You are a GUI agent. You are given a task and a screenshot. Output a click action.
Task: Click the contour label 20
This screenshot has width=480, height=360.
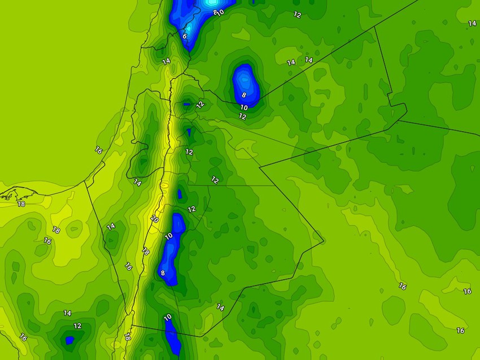tap(155, 219)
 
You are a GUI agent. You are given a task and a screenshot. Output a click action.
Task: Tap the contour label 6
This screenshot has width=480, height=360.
tap(184, 36)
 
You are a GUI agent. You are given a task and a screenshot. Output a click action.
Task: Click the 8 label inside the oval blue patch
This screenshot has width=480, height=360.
tap(244, 95)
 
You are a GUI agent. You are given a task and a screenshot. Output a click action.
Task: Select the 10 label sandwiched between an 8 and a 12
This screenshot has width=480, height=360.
tap(244, 107)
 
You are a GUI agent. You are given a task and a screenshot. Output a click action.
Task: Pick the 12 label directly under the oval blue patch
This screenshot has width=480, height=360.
tap(242, 116)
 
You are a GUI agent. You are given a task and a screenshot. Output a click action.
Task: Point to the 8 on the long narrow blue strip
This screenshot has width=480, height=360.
tap(163, 273)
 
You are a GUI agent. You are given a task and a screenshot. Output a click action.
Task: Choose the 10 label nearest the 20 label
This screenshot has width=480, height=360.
tap(168, 235)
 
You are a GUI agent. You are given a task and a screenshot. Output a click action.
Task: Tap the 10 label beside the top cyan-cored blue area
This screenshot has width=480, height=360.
tap(220, 12)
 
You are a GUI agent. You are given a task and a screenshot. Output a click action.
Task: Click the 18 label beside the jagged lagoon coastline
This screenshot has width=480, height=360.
tap(21, 203)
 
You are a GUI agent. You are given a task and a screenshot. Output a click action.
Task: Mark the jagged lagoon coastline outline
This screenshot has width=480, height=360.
tap(11, 194)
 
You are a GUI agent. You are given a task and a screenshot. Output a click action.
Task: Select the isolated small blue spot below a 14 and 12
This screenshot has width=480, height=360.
tap(69, 340)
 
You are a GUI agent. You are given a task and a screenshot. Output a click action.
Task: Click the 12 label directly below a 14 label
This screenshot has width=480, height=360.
tap(77, 326)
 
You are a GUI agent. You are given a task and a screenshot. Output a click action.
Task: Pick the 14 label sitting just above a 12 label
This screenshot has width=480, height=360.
tap(67, 313)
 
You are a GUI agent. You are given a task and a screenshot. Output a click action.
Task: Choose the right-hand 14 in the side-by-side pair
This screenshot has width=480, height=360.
tap(309, 60)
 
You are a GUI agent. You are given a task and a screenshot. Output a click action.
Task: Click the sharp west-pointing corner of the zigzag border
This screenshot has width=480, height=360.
tap(260, 167)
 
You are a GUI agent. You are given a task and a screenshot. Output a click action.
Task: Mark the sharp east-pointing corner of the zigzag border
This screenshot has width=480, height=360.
tap(324, 242)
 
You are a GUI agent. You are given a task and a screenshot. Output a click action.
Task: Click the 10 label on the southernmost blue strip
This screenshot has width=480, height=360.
tap(168, 318)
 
